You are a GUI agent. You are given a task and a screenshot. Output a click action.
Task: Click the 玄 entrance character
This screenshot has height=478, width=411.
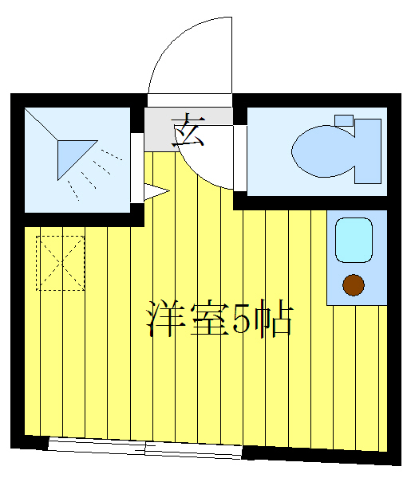point(189,130)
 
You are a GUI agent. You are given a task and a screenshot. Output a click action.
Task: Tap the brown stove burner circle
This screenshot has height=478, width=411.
point(352,283)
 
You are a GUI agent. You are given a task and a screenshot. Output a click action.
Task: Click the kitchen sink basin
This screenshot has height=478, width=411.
point(354,240)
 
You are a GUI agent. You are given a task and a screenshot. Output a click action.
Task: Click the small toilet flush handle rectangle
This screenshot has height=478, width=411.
point(344,121)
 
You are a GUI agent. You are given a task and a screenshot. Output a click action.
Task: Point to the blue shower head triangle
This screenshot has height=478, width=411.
point(74,156)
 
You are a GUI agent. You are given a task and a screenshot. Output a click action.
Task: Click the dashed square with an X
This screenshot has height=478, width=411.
point(61,263)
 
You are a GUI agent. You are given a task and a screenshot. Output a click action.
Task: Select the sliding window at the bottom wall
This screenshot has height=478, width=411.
point(144,448)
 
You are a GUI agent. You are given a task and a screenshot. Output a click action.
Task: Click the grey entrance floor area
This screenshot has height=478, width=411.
point(160,130)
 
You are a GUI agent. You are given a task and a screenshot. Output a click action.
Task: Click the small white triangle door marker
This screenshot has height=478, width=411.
point(154,191)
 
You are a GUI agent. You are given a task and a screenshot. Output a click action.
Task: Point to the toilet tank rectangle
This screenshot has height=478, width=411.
point(369,150)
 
